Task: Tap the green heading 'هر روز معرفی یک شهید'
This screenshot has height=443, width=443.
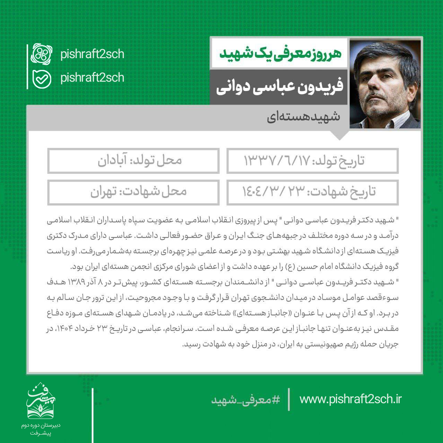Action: pos(280,54)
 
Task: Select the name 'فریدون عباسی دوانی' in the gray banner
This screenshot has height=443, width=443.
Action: pos(280,87)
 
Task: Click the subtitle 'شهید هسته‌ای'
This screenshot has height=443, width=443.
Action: pos(303,117)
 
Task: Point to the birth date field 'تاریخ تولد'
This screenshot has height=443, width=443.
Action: pos(312,161)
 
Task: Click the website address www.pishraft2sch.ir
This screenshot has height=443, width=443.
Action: pos(350,399)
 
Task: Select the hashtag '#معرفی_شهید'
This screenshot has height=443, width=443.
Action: pos(246,400)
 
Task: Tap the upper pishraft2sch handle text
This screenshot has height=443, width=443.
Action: pos(92,54)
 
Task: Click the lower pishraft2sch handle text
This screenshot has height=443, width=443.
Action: pos(92,78)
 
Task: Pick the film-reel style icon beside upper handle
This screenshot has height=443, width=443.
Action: pos(42,54)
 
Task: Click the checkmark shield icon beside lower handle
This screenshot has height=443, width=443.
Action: pos(42,79)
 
